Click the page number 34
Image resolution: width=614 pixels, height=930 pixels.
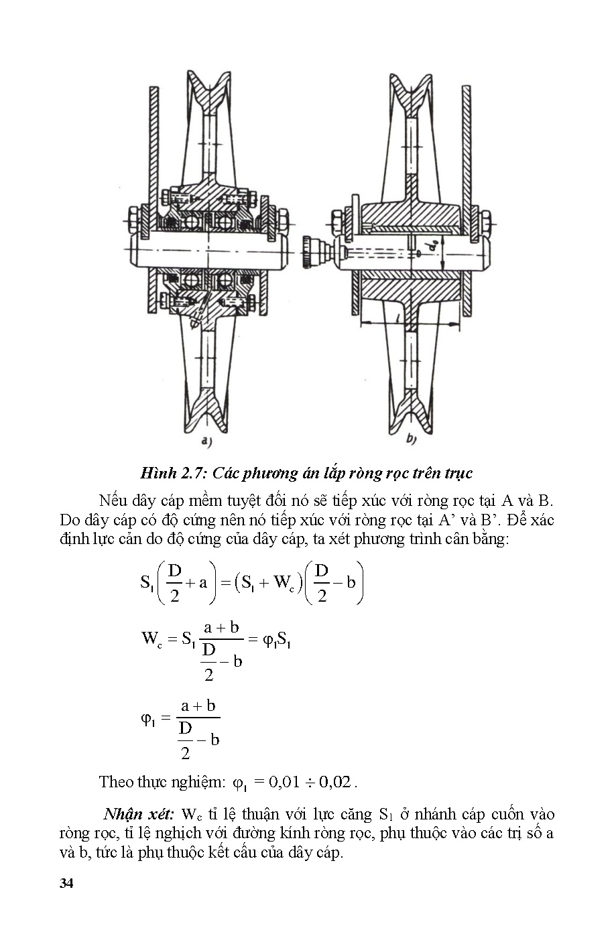click(66, 882)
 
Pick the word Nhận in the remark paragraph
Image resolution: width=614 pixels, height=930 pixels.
click(123, 814)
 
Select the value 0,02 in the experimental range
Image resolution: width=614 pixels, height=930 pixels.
click(334, 781)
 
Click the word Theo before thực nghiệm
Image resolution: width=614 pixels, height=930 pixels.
click(116, 781)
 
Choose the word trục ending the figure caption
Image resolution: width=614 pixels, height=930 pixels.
click(458, 473)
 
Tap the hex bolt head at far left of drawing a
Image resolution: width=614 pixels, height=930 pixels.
click(131, 218)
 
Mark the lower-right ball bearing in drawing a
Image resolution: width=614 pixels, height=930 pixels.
click(226, 279)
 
